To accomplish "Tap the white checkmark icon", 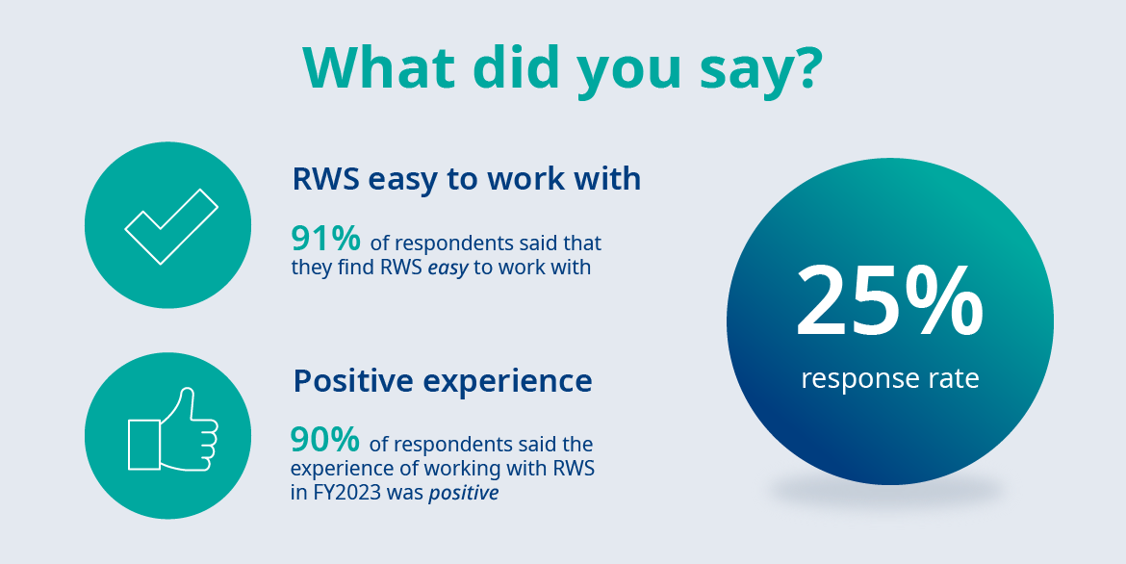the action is (x=171, y=226).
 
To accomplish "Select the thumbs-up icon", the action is (x=172, y=429).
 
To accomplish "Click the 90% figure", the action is (x=324, y=439).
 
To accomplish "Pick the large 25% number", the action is (x=889, y=301).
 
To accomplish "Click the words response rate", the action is (x=890, y=378).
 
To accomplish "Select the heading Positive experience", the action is (x=443, y=381).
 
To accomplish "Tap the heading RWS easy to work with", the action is (x=466, y=179).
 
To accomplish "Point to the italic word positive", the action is (x=463, y=495).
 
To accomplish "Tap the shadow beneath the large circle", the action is (x=888, y=492).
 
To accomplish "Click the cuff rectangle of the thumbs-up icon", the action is (x=144, y=446).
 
